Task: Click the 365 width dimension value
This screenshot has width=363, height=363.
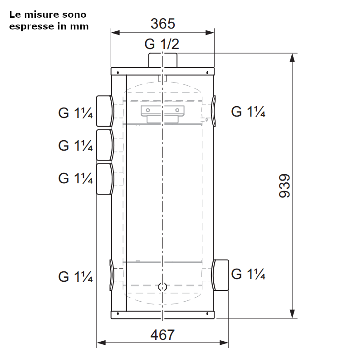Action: (163, 24)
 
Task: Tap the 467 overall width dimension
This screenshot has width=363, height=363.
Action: (162, 335)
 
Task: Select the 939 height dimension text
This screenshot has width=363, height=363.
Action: (285, 186)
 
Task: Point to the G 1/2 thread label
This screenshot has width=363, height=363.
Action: (162, 44)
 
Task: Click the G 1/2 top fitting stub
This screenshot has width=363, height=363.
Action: (163, 60)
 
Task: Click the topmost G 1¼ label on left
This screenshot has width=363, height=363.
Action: (75, 113)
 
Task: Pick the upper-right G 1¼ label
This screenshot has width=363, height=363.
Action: (248, 112)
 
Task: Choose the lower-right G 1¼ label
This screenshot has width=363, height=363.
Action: (248, 274)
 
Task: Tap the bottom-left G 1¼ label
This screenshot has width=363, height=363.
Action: (75, 277)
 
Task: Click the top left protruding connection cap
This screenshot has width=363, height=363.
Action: (105, 111)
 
